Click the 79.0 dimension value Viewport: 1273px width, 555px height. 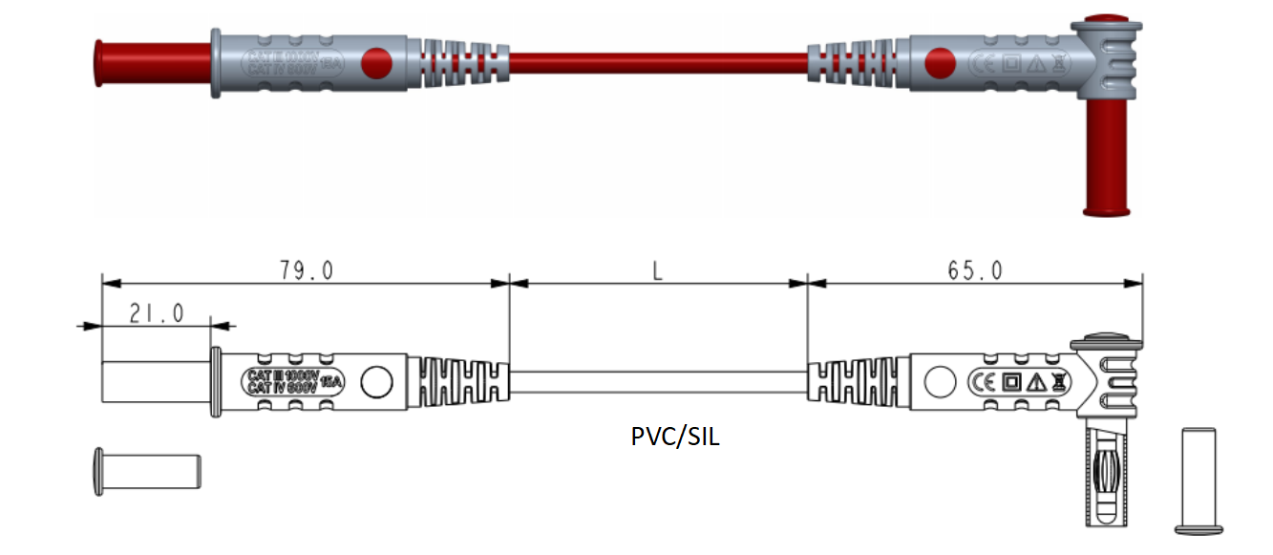tap(306, 270)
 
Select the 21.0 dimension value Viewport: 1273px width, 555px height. tap(156, 314)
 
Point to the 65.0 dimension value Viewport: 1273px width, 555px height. tap(975, 270)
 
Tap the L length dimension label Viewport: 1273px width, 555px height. tap(657, 270)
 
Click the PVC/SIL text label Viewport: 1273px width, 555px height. tap(675, 437)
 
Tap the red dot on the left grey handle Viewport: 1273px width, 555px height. tap(378, 63)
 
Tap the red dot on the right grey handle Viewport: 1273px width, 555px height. tap(940, 63)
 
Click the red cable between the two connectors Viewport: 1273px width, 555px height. tap(659, 63)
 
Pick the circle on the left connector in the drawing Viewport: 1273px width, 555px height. tap(378, 382)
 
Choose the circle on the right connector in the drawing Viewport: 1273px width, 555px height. tap(940, 382)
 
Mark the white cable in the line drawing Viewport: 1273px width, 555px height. tap(659, 382)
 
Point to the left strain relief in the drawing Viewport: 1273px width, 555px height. tap(458, 381)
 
